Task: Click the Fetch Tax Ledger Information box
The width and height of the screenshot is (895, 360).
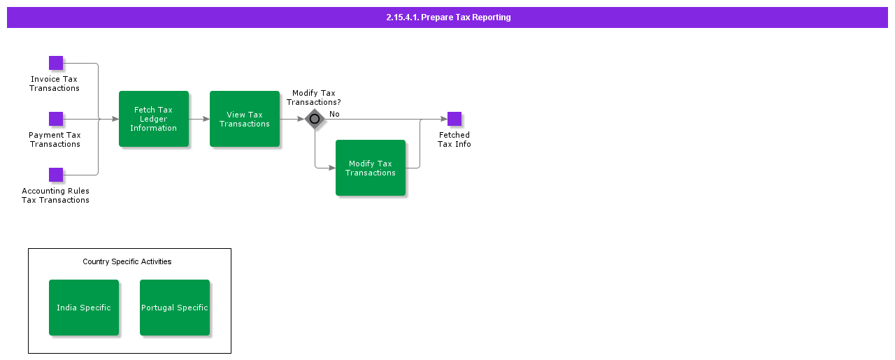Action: point(154,119)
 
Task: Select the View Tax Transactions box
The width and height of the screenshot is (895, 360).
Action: point(245,119)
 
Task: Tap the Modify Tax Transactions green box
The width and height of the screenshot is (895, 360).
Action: point(371,168)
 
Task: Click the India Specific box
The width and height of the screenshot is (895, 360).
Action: point(84,308)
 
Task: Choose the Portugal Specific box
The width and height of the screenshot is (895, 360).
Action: point(175,308)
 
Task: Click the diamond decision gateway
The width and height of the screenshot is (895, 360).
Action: point(315,119)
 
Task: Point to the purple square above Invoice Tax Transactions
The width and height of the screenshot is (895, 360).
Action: point(56,63)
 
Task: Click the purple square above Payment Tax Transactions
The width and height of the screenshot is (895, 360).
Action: point(56,119)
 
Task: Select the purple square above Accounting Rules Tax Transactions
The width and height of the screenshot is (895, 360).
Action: point(56,175)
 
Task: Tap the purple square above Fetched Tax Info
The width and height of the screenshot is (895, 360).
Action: point(454,119)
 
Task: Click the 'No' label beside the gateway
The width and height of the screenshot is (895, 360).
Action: point(334,114)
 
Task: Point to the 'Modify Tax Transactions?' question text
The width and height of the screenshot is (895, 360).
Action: point(314,97)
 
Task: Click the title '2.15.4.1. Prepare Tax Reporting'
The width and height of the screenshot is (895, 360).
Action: point(448,17)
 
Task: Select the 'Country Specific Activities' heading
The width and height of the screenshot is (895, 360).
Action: point(127,261)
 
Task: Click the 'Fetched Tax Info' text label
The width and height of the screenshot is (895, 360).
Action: point(454,139)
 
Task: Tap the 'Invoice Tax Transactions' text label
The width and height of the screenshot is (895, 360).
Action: point(55,83)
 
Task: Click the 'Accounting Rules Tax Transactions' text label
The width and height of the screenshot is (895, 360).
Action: point(55,195)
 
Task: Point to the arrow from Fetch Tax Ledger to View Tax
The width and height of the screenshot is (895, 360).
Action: point(199,119)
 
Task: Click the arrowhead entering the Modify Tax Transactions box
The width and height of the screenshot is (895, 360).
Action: point(331,168)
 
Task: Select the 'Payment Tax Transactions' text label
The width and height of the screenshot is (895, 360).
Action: point(55,139)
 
